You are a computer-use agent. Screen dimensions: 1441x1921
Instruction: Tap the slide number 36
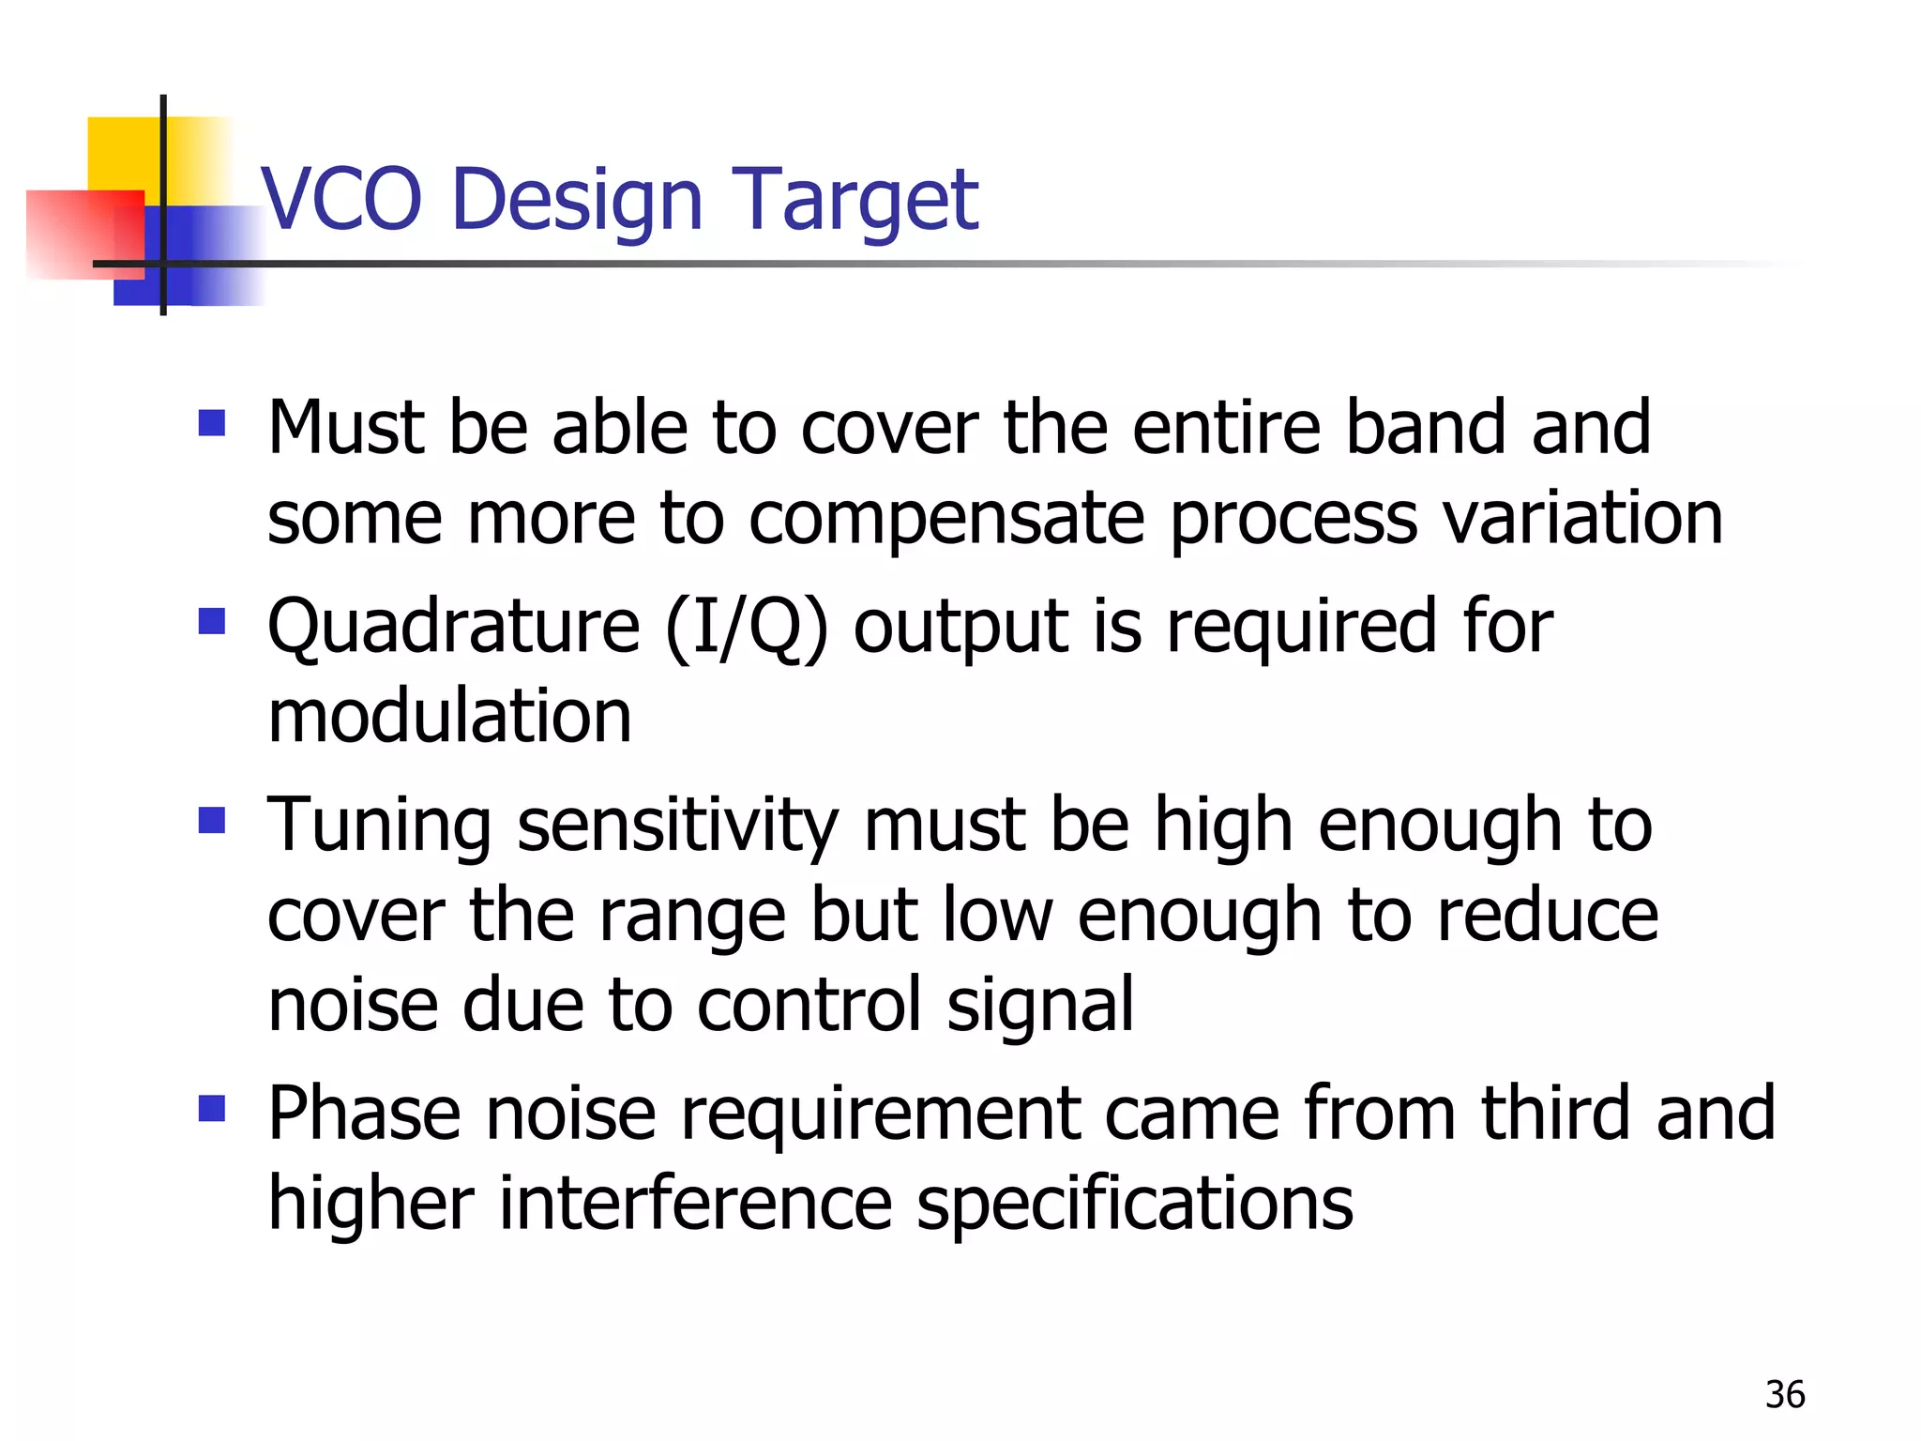coord(1784,1395)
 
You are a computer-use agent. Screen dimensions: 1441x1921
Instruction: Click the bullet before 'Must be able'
coord(212,423)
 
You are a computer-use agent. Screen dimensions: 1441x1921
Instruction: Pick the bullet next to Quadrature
coord(212,621)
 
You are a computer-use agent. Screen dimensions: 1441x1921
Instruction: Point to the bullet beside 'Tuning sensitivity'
coord(212,821)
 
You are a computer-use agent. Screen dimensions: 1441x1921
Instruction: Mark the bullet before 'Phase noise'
coord(212,1109)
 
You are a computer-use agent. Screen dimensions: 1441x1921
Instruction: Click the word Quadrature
coord(453,627)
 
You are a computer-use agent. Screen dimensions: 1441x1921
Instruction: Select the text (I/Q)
coord(747,627)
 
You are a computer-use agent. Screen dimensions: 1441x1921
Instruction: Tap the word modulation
coord(449,716)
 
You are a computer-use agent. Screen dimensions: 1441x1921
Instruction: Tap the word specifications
coord(1135,1206)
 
